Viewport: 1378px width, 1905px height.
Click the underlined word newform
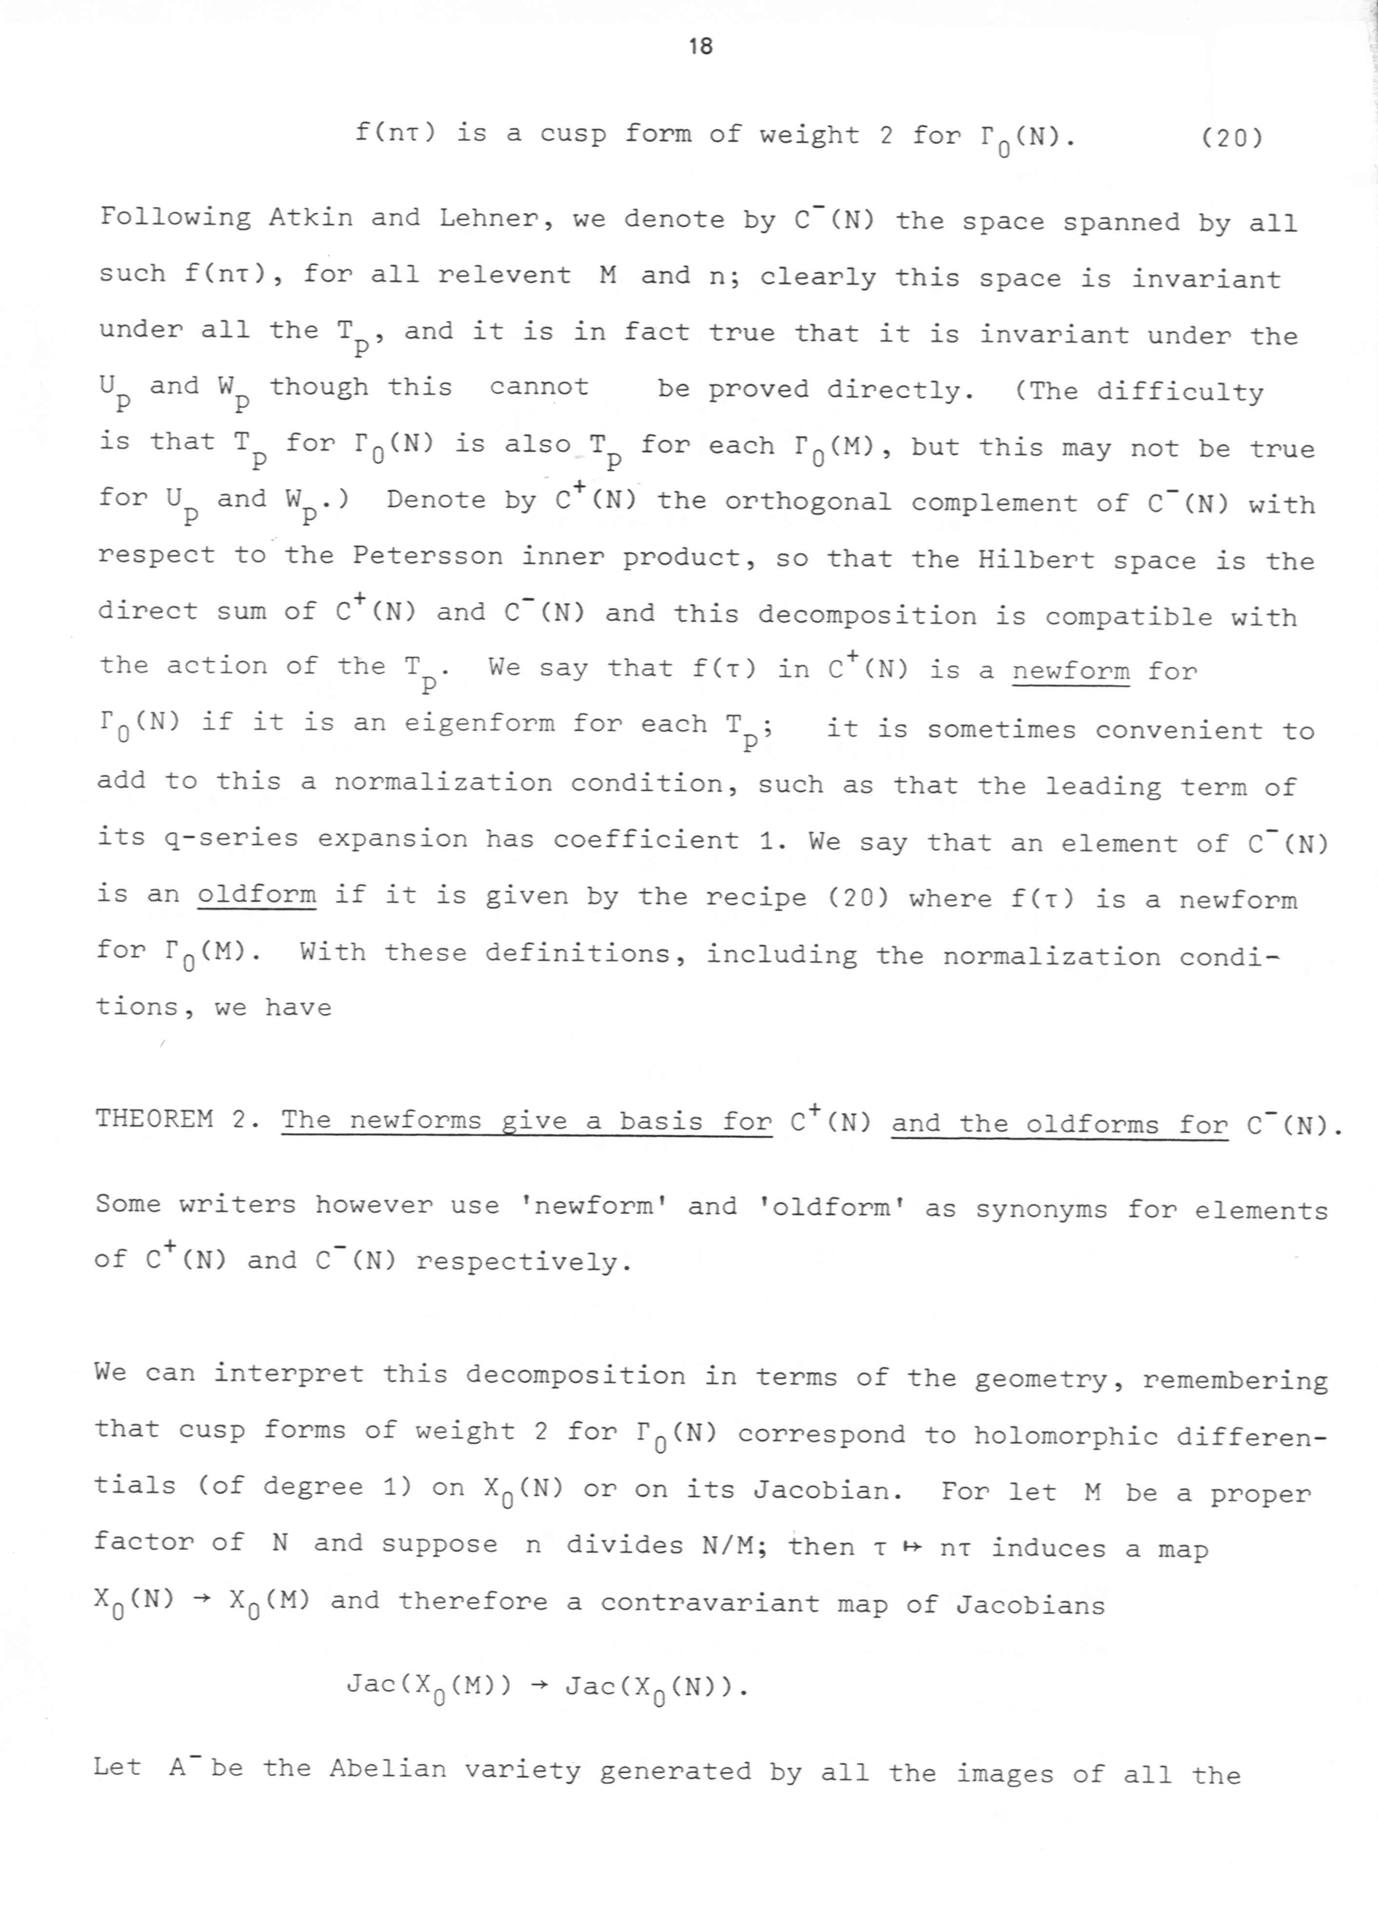tap(1071, 671)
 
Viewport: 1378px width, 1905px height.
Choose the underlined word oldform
tap(257, 895)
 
